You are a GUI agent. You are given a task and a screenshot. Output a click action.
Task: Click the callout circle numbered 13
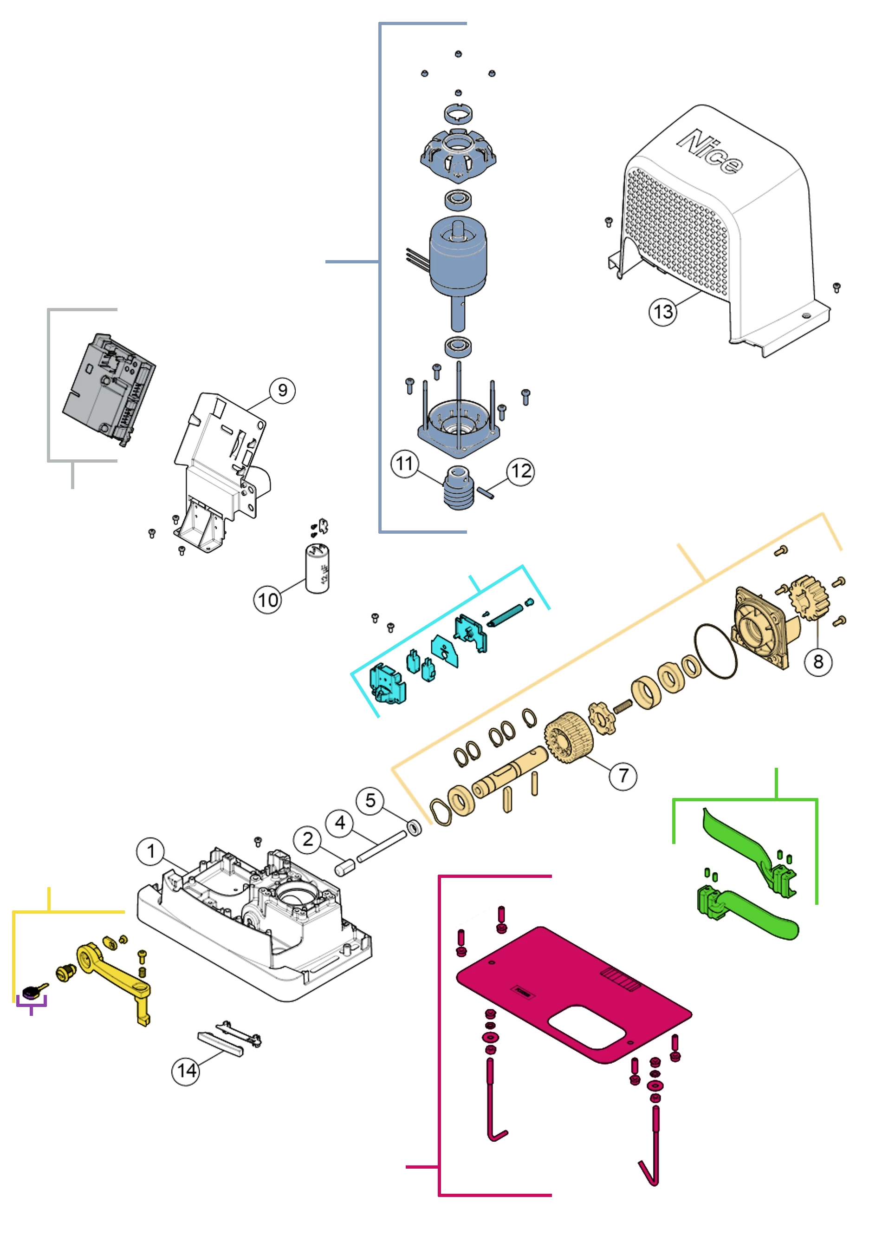point(663,312)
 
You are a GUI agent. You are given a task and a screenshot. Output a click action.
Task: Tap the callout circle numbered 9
point(282,390)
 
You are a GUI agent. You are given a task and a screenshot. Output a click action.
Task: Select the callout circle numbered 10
point(267,600)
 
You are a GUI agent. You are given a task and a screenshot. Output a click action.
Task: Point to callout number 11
point(405,464)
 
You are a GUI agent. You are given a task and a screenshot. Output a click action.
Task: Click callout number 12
point(520,471)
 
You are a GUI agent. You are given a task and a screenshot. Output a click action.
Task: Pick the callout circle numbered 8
point(818,661)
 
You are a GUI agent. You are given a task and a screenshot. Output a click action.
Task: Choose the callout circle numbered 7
point(623,775)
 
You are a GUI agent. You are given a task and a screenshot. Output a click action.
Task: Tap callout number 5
point(370,801)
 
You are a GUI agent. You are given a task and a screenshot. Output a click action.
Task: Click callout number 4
point(340,823)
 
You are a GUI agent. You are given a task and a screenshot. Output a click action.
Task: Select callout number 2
point(308,839)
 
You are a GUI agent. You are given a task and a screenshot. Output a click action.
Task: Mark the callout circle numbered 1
point(150,851)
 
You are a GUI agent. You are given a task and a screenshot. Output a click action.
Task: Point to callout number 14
point(186,1071)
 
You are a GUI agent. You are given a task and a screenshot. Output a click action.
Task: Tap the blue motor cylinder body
point(458,261)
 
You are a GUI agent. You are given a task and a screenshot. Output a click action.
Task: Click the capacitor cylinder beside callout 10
point(318,569)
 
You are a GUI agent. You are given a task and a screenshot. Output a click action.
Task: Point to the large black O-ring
point(716,651)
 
